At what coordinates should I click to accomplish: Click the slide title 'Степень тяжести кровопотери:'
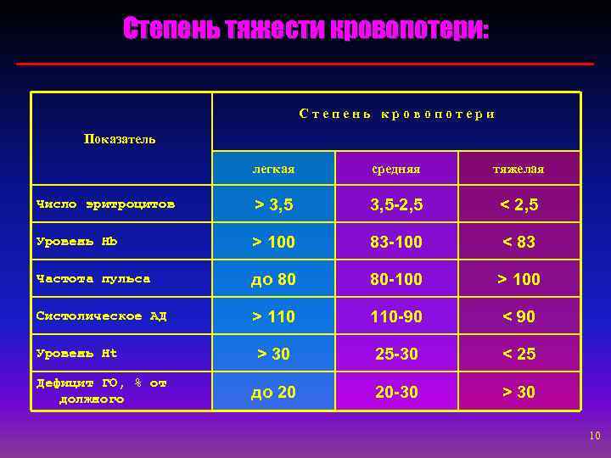[305, 31]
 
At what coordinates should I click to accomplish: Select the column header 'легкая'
[273, 170]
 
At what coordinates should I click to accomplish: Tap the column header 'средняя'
[395, 170]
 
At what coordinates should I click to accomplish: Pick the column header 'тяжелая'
[519, 170]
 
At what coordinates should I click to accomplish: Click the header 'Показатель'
[120, 139]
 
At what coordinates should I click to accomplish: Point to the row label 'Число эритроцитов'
[106, 204]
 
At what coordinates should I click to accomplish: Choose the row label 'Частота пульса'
[93, 278]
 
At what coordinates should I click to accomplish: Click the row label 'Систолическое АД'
[102, 316]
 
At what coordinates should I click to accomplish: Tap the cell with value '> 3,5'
[273, 204]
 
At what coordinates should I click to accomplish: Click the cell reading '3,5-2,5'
[395, 204]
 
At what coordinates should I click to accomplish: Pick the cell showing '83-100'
[395, 242]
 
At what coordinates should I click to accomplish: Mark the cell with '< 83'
[519, 242]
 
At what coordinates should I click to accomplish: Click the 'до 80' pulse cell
[273, 279]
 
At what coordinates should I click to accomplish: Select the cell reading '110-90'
[395, 316]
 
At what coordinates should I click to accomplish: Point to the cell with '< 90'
[519, 316]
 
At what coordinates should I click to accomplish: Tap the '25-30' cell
[395, 354]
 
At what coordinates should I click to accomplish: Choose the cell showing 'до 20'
[273, 392]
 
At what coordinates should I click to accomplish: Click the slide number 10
[594, 436]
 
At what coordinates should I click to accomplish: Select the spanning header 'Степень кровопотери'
[396, 114]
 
